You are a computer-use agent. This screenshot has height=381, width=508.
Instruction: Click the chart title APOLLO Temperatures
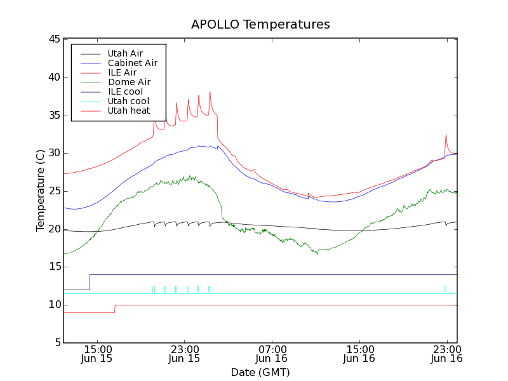tap(260, 25)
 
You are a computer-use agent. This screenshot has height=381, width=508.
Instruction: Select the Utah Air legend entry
tap(125, 53)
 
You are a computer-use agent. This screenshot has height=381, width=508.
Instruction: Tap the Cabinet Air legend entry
tap(132, 63)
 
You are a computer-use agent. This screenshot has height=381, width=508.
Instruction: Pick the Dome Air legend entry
tap(129, 82)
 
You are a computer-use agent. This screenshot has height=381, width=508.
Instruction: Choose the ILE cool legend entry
tap(125, 91)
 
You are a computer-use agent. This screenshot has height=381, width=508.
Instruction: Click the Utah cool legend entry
tap(128, 101)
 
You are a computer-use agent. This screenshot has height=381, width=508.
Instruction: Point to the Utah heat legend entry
tap(128, 110)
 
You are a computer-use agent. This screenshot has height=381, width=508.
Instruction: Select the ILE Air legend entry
tap(122, 72)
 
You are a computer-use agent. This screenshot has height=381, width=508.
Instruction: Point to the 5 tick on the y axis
tap(56, 343)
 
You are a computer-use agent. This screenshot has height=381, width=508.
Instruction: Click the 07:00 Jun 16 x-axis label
tap(272, 354)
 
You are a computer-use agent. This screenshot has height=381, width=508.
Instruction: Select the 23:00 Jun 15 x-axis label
tap(184, 354)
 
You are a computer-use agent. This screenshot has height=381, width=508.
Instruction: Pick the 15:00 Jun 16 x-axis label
tap(359, 354)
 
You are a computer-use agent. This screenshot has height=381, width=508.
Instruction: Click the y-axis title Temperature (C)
tap(40, 190)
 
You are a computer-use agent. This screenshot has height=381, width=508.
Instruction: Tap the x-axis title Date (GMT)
tap(260, 372)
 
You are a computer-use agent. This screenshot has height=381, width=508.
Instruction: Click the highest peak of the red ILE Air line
tap(210, 92)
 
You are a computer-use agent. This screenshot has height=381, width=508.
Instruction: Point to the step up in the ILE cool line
tap(90, 282)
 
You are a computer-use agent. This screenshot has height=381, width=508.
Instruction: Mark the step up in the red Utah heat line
tap(115, 309)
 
